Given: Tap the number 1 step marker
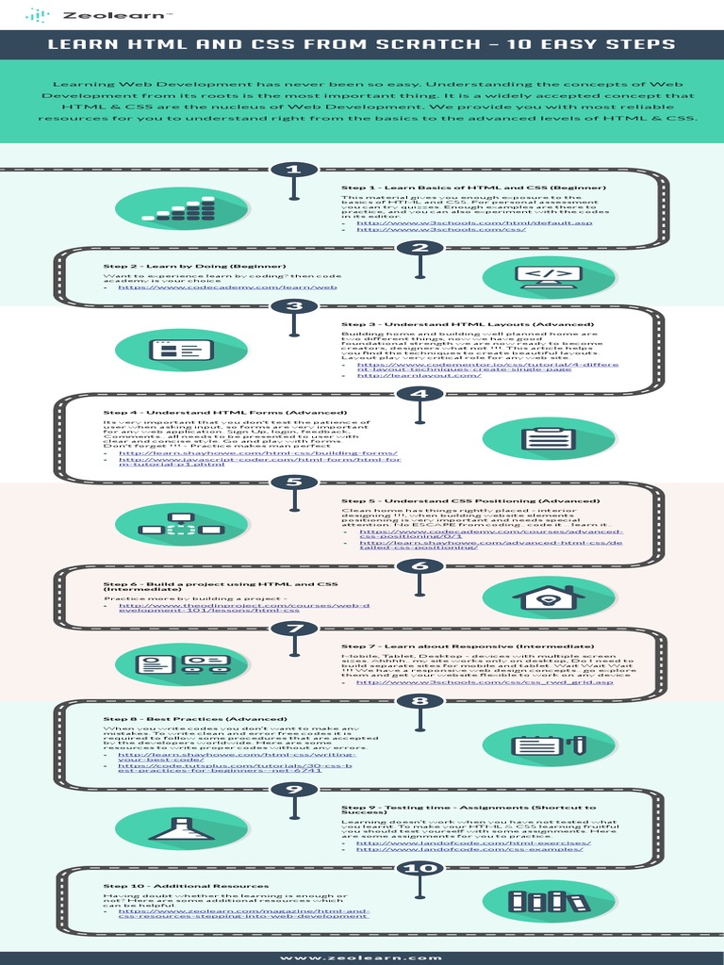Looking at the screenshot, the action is pos(295,170).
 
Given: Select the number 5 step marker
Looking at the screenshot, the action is pos(295,482).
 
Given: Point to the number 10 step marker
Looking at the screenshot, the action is pos(414,868).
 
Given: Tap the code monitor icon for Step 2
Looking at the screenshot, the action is pos(540,275).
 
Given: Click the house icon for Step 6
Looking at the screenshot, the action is pos(540,598).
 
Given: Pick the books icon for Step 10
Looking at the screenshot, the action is pos(540,900).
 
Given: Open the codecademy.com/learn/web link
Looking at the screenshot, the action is pos(227,286).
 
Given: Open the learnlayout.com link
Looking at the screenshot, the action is pos(401,375).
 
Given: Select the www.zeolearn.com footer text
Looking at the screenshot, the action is pos(362,957).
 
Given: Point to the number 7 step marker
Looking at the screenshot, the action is pos(295,629).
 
